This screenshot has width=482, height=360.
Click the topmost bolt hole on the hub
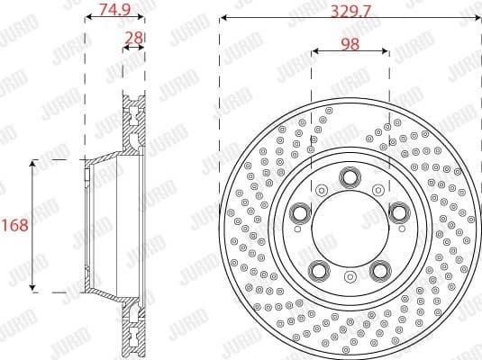(x=347, y=178)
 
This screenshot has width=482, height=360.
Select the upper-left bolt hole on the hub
(x=298, y=212)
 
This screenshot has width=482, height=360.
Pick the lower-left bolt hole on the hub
(x=317, y=269)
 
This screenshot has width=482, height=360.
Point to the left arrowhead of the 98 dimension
(x=314, y=51)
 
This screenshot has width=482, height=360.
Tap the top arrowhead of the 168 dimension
(x=33, y=164)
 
